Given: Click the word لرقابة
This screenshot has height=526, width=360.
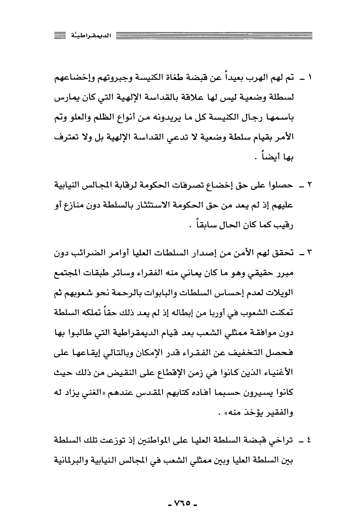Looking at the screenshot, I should click(x=129, y=185).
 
